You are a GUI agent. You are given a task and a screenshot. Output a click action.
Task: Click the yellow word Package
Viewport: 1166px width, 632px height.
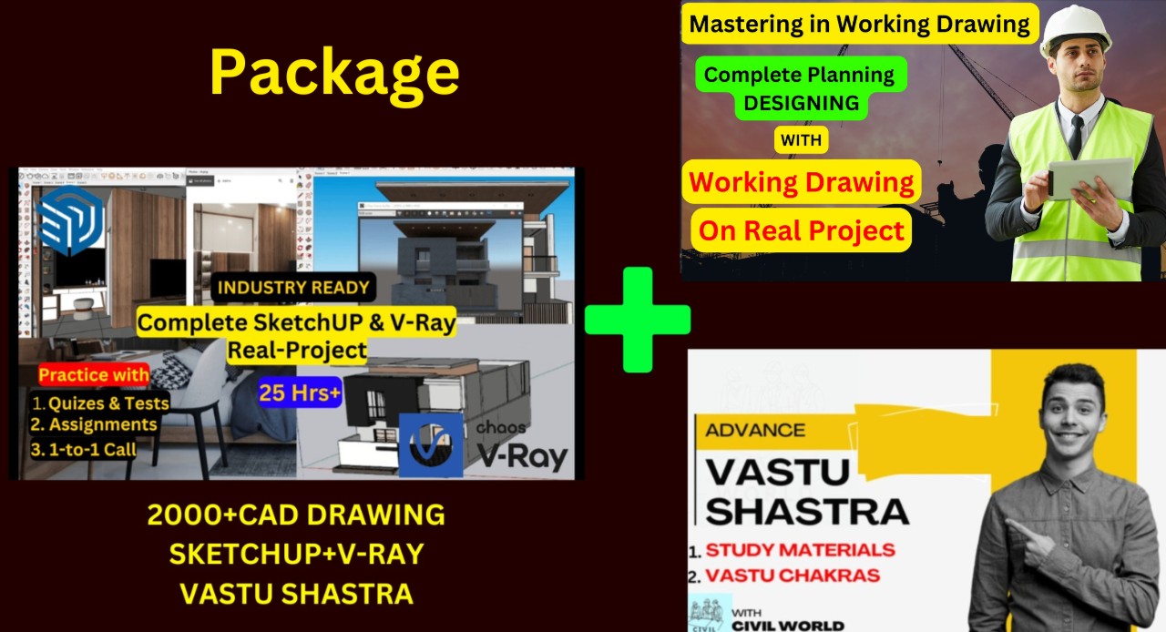pyautogui.click(x=334, y=72)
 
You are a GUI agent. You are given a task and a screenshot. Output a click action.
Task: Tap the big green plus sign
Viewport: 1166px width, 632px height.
pyautogui.click(x=637, y=319)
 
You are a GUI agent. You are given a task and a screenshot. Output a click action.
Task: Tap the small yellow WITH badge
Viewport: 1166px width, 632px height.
pyautogui.click(x=802, y=141)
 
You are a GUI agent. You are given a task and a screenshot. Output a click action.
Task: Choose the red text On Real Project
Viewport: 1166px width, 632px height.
pyautogui.click(x=801, y=231)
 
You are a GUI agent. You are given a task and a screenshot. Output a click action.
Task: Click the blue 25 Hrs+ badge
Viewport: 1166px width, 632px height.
pyautogui.click(x=300, y=392)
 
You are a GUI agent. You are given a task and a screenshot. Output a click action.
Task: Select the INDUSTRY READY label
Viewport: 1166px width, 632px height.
pyautogui.click(x=293, y=288)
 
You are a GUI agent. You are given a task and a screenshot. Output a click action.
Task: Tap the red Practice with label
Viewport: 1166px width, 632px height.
pyautogui.click(x=94, y=375)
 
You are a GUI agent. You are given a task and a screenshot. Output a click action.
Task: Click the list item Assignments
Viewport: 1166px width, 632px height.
pyautogui.click(x=95, y=424)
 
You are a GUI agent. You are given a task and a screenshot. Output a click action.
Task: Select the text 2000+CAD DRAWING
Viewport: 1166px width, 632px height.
pyautogui.click(x=296, y=515)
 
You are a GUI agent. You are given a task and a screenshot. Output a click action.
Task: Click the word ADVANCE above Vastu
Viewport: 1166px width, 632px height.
pyautogui.click(x=754, y=430)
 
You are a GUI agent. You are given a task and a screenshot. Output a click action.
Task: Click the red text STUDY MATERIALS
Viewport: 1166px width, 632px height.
pyautogui.click(x=800, y=549)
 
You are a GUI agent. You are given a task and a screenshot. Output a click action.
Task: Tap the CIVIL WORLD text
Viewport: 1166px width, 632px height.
pyautogui.click(x=788, y=625)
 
